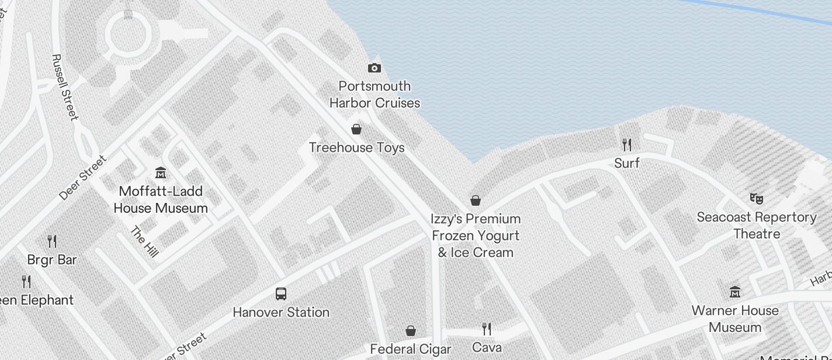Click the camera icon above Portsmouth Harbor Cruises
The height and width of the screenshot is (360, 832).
(x=375, y=68)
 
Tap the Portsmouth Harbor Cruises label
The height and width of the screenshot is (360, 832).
(x=375, y=95)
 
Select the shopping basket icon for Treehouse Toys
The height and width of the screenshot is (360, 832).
(x=356, y=129)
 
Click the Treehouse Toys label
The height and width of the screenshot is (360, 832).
(x=356, y=147)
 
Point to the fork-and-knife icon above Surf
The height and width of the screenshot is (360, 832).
(x=627, y=145)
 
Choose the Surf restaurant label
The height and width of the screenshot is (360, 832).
(x=627, y=163)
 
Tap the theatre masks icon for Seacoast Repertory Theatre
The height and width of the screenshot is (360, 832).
(x=757, y=199)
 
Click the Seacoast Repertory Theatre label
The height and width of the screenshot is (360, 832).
(x=757, y=225)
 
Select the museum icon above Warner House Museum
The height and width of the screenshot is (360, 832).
(x=735, y=292)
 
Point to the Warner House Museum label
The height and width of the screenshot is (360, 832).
(x=735, y=319)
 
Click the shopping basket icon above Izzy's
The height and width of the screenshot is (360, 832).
(x=476, y=201)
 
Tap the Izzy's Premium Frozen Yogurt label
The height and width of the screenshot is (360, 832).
(x=476, y=236)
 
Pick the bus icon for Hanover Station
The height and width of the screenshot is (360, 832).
(x=281, y=294)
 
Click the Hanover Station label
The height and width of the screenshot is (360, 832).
(x=281, y=312)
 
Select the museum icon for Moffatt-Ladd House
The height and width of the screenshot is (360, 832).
(x=161, y=173)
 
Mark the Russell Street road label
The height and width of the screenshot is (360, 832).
(x=64, y=87)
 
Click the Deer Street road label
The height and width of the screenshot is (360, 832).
(x=83, y=178)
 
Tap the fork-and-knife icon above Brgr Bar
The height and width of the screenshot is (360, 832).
(x=52, y=241)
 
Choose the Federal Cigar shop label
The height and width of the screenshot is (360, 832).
(x=411, y=349)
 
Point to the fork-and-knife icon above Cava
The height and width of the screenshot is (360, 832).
(x=486, y=329)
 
